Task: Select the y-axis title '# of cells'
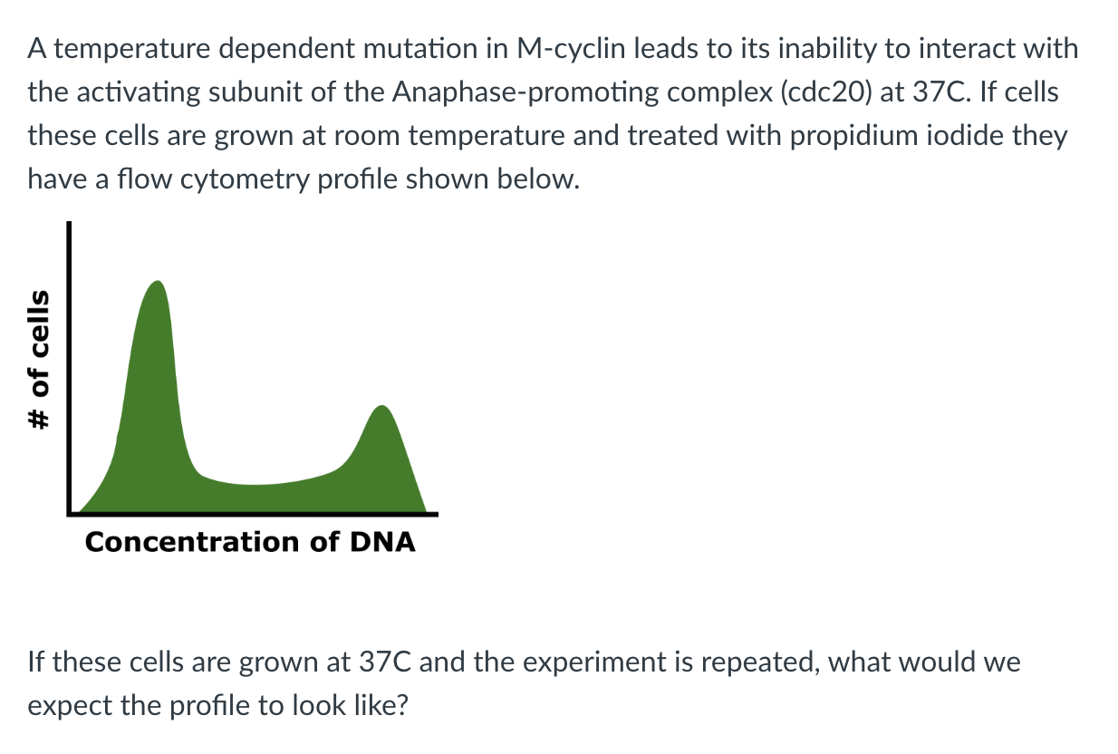tap(40, 360)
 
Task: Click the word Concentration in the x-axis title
tap(192, 542)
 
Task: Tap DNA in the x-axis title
tap(382, 542)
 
